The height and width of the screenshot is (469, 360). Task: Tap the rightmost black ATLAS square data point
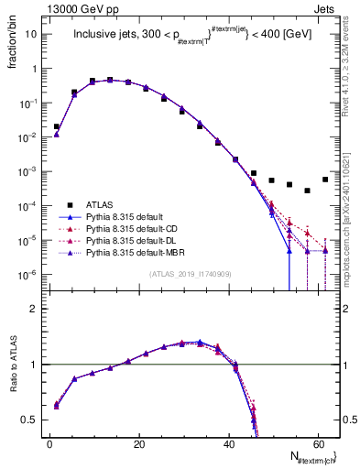325,180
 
